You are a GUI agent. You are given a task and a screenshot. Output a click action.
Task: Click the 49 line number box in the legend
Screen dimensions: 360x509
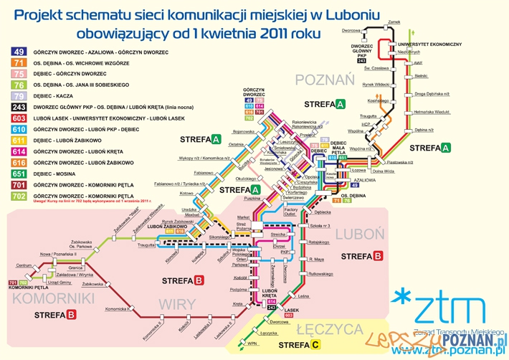19,51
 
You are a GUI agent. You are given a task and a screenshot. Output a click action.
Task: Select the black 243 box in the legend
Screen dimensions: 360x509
19,106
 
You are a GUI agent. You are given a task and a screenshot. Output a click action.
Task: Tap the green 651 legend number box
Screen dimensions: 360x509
19,174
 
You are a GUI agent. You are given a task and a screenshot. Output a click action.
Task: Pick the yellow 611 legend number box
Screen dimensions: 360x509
19,140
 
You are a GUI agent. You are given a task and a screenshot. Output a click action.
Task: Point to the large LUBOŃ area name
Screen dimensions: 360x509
355,235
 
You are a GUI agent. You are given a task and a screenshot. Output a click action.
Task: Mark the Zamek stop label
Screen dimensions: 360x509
393,22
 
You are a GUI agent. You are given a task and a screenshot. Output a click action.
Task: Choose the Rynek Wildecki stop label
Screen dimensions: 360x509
376,84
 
